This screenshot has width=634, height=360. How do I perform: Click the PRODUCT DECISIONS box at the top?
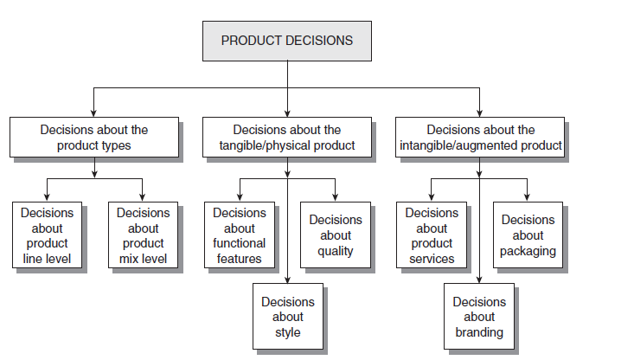tap(286, 41)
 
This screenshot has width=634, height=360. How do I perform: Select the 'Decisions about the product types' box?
tap(94, 138)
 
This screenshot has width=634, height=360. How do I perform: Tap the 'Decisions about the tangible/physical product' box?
tap(287, 138)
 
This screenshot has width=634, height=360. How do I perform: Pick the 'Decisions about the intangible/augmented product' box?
tap(480, 138)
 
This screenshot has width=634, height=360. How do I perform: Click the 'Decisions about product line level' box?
tap(48, 235)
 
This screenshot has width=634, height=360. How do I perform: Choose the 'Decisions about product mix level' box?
tap(143, 235)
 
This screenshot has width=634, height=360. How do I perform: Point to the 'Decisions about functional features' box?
tap(240, 235)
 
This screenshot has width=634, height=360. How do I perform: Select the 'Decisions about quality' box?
tap(336, 235)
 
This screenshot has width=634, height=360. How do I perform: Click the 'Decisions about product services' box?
tap(432, 235)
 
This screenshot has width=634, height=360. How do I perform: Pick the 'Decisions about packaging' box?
tap(528, 235)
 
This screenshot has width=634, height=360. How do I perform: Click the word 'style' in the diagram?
tap(288, 332)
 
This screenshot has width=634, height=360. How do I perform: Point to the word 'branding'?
tap(479, 332)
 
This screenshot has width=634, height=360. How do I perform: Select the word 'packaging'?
tap(528, 251)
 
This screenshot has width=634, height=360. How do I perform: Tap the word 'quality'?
tap(336, 251)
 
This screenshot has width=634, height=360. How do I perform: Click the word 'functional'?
tap(240, 243)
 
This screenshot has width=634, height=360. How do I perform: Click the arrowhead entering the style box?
tap(287, 278)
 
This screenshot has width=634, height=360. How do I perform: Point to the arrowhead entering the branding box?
tap(479, 278)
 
